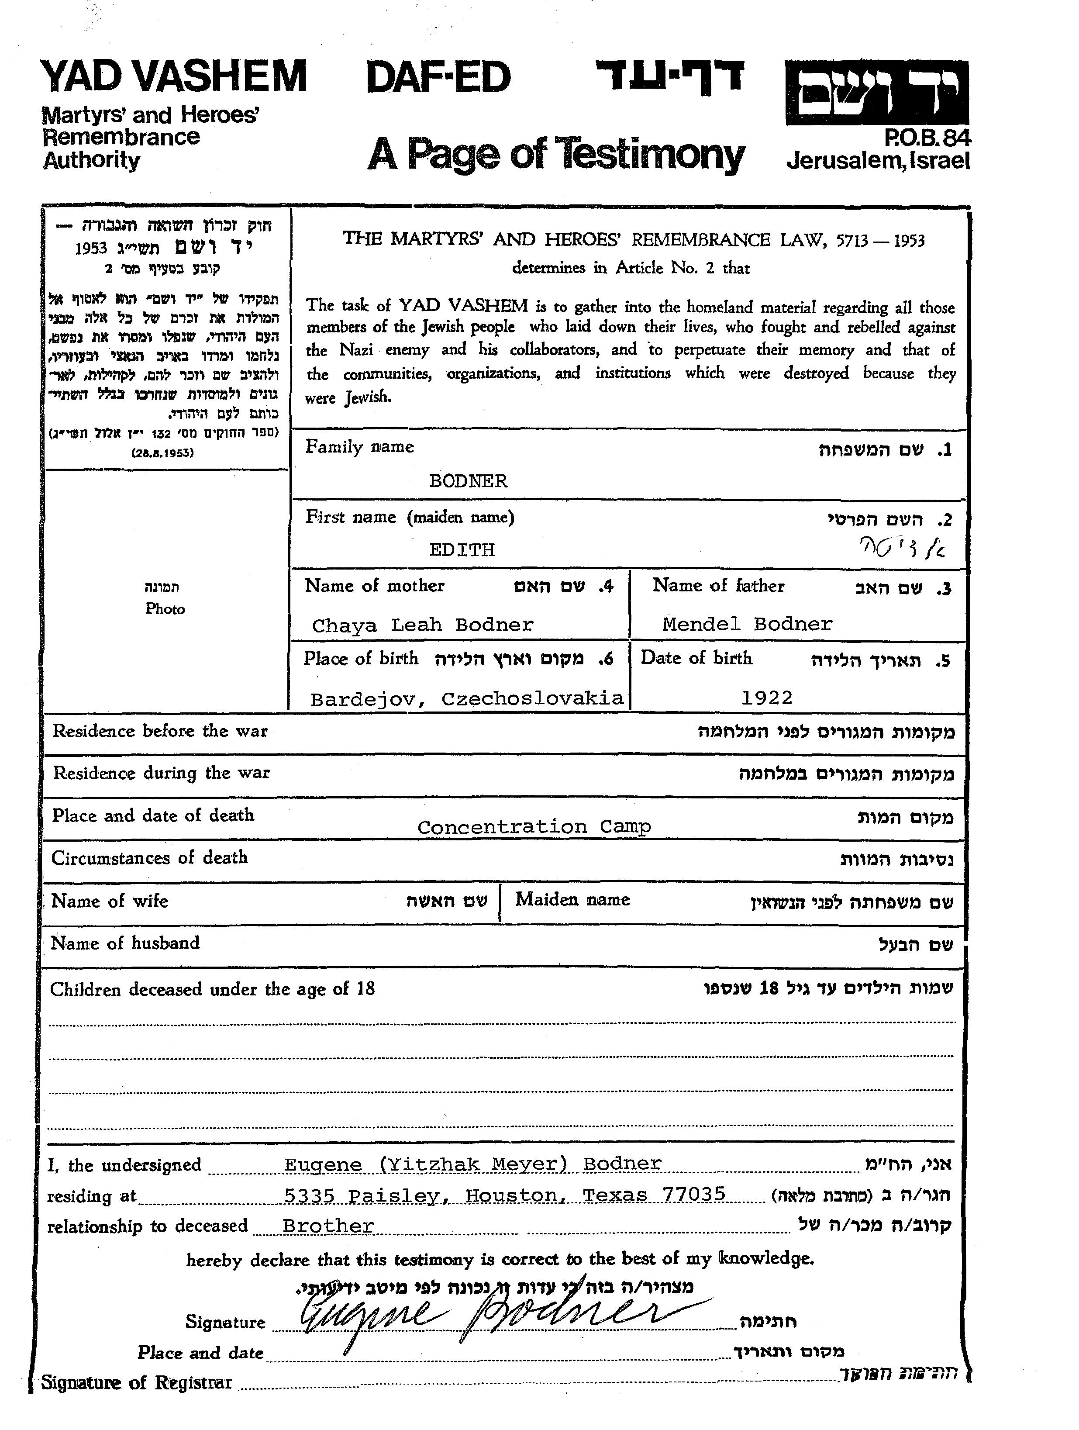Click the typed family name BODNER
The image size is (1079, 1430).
tap(468, 481)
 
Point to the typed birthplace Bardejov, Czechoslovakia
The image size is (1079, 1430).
tap(467, 699)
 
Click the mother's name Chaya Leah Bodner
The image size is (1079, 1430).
tap(423, 625)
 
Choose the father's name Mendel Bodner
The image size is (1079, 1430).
tap(747, 624)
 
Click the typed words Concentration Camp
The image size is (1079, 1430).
tap(534, 827)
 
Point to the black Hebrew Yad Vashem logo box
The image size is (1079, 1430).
tap(877, 93)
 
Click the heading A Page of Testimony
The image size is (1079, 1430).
tap(556, 155)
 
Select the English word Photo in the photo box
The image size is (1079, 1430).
tap(165, 609)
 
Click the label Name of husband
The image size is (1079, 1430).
tap(125, 943)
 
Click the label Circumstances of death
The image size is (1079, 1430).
tap(150, 858)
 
